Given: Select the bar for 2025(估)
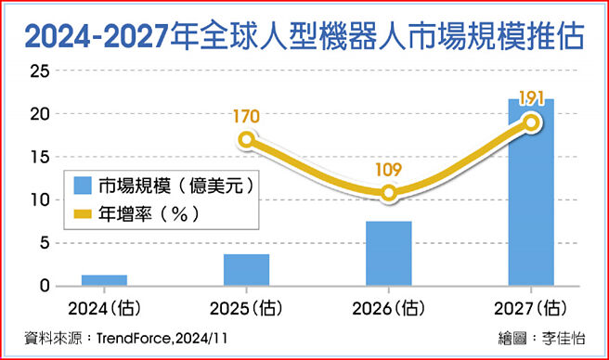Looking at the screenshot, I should pos(246,270).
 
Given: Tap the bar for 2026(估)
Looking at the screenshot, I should pos(389,253).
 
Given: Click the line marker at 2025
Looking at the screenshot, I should pos(246,140).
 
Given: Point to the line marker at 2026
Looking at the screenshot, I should pos(389,193).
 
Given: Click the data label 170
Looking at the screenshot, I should pos(246,117).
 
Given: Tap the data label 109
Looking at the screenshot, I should pos(390,171).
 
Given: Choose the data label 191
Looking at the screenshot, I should pos(531,98).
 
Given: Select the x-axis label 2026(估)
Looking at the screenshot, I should pos(389,308).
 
